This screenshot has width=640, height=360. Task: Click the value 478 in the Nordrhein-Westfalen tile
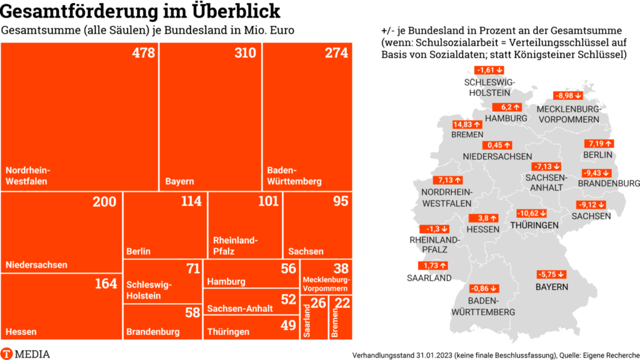(x=143, y=53)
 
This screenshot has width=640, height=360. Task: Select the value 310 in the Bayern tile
(x=246, y=53)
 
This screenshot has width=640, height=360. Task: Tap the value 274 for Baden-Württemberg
(x=336, y=53)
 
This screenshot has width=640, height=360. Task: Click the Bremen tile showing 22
(x=341, y=317)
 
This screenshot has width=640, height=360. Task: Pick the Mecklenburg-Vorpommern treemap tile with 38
(x=327, y=278)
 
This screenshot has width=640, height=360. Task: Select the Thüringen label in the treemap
(x=228, y=332)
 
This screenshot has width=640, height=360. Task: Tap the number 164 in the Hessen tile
(x=106, y=284)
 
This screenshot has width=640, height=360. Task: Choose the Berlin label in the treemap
(x=138, y=251)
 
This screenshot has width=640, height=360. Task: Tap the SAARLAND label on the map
(x=429, y=278)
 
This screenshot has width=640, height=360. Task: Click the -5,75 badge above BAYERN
(x=551, y=274)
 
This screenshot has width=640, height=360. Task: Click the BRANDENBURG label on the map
(x=609, y=184)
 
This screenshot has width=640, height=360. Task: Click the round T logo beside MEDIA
(x=7, y=353)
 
